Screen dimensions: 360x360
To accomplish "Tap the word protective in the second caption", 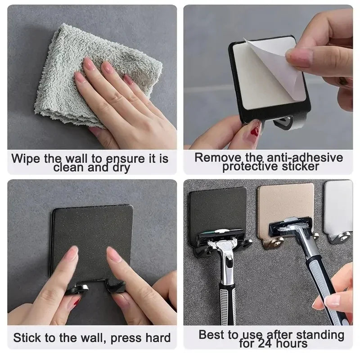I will [252, 167].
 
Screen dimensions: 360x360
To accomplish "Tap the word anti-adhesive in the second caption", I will [304, 157].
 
